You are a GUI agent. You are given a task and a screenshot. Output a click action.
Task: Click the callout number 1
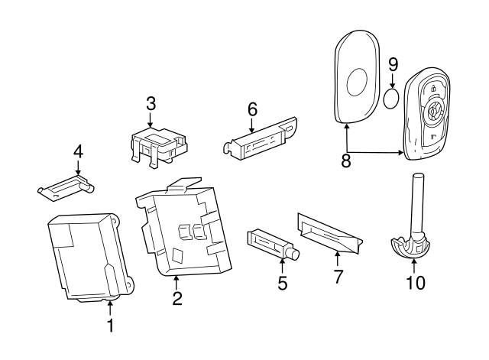point(110,326)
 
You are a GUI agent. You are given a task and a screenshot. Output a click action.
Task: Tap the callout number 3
point(151,102)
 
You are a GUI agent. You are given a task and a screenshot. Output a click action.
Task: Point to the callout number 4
point(77,152)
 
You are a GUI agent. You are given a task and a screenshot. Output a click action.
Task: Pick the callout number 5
point(282,284)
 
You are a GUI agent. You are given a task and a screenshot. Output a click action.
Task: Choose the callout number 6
point(252,109)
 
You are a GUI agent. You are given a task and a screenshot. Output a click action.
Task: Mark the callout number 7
point(337,277)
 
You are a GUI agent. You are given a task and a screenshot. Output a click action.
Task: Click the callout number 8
point(346,162)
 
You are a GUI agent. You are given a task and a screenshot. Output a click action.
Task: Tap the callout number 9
point(393,64)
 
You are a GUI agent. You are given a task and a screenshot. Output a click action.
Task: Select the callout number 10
point(414,282)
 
